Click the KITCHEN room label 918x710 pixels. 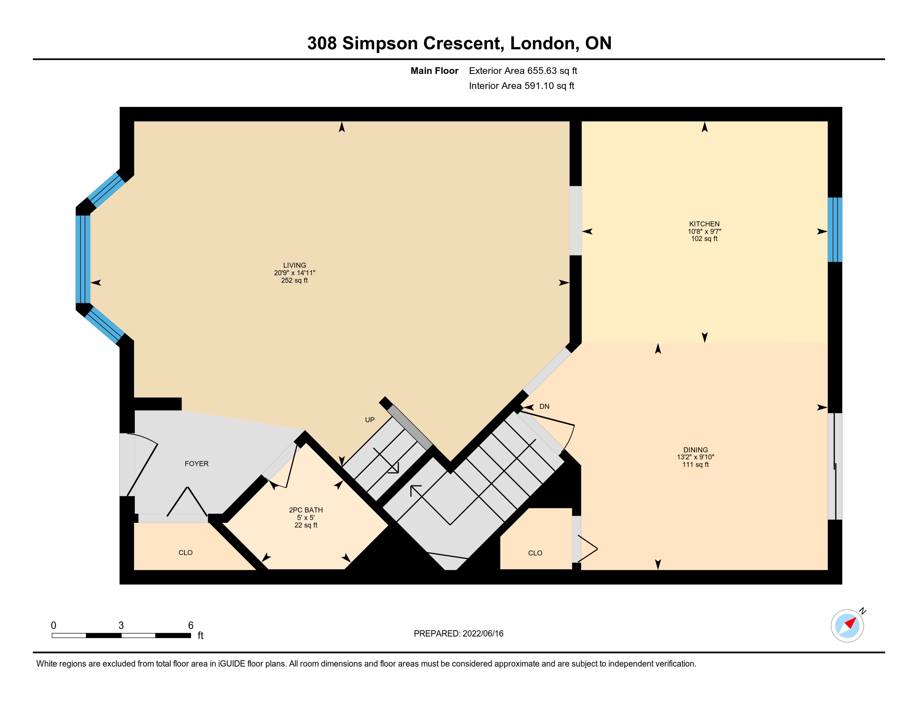coord(704,224)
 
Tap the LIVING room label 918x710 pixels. coord(294,265)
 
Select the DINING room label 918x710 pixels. coord(695,450)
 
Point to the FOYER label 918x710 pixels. coord(196,464)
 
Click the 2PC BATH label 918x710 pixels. coord(305,510)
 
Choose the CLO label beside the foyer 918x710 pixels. coord(185,553)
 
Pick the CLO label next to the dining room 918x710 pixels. coord(535,553)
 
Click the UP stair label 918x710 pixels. coord(369,420)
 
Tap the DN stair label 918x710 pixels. coord(544,406)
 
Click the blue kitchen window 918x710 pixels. coord(835,230)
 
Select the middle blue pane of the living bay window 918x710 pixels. coord(83,259)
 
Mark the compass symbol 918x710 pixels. coord(847,626)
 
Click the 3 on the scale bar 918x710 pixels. coord(121,626)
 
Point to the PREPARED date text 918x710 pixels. coord(458,634)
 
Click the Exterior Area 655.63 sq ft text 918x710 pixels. coord(523,71)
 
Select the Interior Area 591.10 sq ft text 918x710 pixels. coord(521,86)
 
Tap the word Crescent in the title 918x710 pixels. coord(463,43)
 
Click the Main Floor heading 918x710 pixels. coord(434,71)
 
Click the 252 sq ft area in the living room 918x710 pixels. coord(294,281)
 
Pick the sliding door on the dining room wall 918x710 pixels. coord(835,467)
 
